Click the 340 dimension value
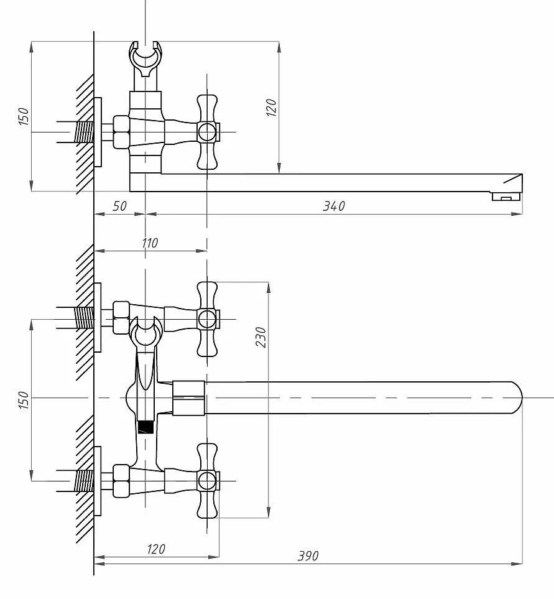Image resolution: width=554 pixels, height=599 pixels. pos(334,207)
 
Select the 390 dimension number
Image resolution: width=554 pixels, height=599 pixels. pos(308,556)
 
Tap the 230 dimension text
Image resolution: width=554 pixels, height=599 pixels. pos(261,337)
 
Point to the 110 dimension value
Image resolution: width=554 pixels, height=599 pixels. pos(150,243)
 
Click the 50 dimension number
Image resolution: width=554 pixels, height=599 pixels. pos(119,207)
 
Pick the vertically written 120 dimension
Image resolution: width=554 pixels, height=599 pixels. pos(271,108)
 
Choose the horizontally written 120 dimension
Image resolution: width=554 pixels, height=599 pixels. pos(156,549)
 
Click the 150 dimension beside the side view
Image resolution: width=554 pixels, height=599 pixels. pos(23,116)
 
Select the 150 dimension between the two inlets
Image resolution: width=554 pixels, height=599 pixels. pos(23,400)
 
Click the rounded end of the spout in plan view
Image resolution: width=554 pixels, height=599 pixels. pos(517,397)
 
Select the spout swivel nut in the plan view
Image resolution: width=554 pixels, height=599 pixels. pos(188,397)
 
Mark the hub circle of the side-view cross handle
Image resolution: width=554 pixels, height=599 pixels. pos(207,132)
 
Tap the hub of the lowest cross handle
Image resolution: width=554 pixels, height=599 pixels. pos(207,481)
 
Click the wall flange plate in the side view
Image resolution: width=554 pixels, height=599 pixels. pos(98,132)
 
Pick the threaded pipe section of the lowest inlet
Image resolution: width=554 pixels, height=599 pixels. pos(84,481)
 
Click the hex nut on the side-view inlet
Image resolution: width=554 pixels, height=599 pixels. pos(121,132)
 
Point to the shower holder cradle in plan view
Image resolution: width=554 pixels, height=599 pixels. pos(145,332)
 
